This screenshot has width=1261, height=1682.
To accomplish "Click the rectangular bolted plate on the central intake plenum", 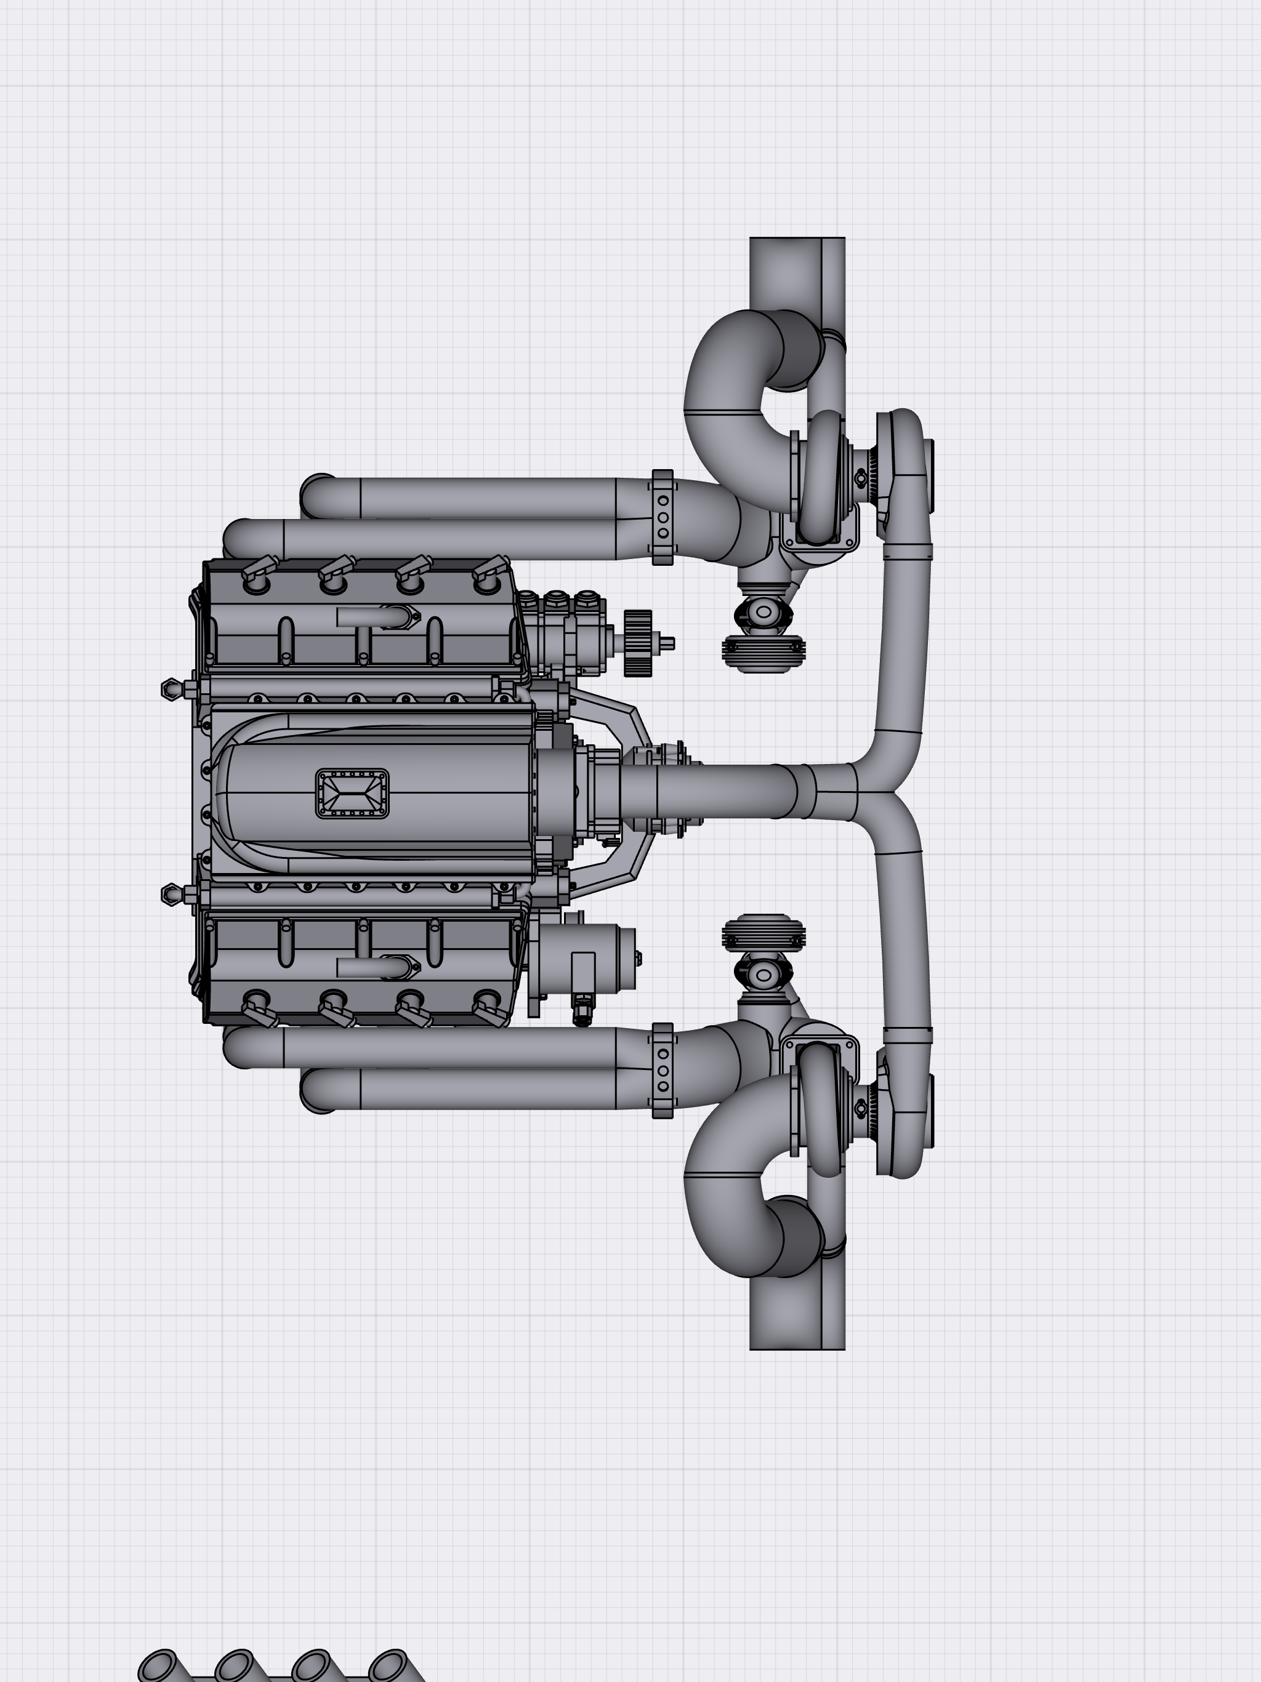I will click(x=352, y=793).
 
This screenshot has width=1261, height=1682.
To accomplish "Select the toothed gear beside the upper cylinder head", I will click(x=638, y=643).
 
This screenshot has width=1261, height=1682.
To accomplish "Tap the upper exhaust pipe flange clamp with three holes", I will click(x=663, y=517).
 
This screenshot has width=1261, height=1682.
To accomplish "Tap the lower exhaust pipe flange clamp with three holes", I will click(x=663, y=1071).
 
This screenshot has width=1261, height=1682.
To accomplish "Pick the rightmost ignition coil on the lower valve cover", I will click(x=491, y=1012).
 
